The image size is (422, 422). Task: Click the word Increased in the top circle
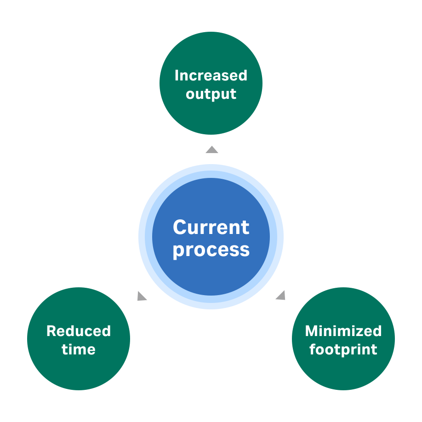click(211, 75)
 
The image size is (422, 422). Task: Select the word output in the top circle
click(211, 94)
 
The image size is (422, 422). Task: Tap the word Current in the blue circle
click(211, 227)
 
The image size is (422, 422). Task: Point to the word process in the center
click(211, 250)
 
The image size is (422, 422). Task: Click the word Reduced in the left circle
click(79, 331)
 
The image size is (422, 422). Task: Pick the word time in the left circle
click(79, 349)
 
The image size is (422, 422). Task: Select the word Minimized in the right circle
click(343, 331)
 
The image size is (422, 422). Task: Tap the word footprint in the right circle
click(343, 349)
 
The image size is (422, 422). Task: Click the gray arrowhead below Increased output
click(211, 149)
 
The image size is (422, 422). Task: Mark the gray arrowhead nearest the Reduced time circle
click(142, 297)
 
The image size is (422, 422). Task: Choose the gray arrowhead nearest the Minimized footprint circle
click(281, 296)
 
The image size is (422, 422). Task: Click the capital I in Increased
click(177, 75)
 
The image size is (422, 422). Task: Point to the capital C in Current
click(180, 227)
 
